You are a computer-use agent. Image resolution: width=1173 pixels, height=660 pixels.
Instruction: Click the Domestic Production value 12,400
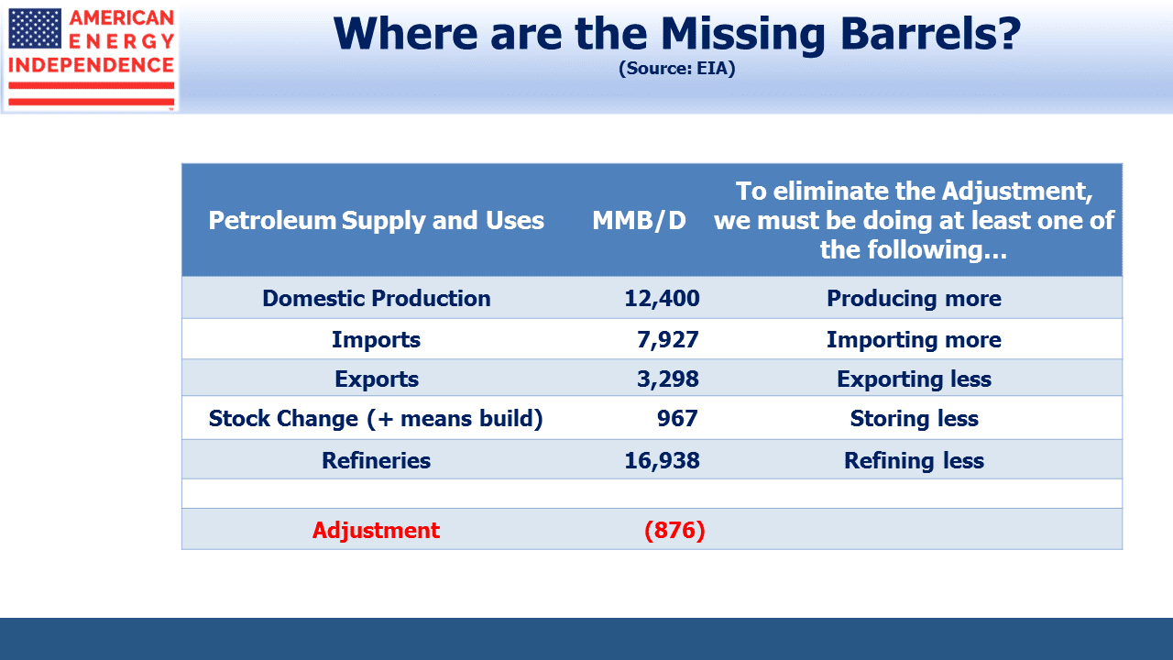662,298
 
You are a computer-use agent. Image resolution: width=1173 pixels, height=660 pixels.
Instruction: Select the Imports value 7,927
668,339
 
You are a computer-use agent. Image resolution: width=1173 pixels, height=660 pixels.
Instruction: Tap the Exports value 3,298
668,379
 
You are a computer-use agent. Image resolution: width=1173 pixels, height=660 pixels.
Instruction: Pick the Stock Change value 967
677,419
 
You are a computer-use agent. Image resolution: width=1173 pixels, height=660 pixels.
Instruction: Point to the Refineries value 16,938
662,460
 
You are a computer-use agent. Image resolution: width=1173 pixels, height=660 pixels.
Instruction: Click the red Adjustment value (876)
674,530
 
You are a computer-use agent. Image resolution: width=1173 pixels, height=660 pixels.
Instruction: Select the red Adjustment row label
376,530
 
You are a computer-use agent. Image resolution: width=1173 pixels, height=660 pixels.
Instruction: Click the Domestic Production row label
377,298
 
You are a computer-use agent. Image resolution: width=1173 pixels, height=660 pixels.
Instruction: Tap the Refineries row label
376,460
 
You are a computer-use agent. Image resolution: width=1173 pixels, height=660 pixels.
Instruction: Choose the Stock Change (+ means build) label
376,419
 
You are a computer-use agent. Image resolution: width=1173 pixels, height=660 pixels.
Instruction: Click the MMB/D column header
639,221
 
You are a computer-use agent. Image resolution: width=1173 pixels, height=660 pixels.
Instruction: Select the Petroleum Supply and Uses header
376,221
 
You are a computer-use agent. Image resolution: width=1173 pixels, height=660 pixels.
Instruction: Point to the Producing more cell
914,298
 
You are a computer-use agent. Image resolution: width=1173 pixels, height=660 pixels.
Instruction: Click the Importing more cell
914,339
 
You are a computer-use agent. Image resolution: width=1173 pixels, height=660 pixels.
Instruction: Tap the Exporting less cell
914,379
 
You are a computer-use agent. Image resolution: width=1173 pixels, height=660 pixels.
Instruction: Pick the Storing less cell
914,419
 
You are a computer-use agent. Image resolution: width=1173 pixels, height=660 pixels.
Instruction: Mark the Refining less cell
914,460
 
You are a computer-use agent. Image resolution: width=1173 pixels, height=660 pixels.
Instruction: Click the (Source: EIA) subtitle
677,68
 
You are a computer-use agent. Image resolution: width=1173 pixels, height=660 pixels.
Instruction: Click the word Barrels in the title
930,33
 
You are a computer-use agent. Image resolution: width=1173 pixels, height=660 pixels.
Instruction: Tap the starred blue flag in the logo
35,28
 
